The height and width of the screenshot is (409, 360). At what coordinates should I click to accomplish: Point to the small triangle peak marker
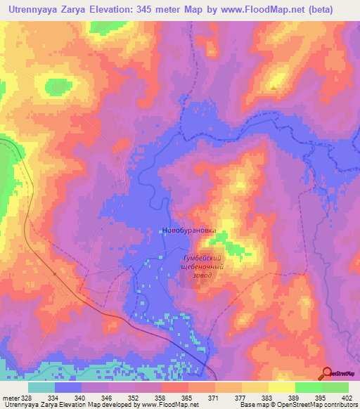click(274, 88)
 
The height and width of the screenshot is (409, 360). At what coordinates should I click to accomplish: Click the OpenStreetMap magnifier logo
click(327, 373)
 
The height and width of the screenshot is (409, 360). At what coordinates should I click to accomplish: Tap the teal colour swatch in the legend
click(41, 387)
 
